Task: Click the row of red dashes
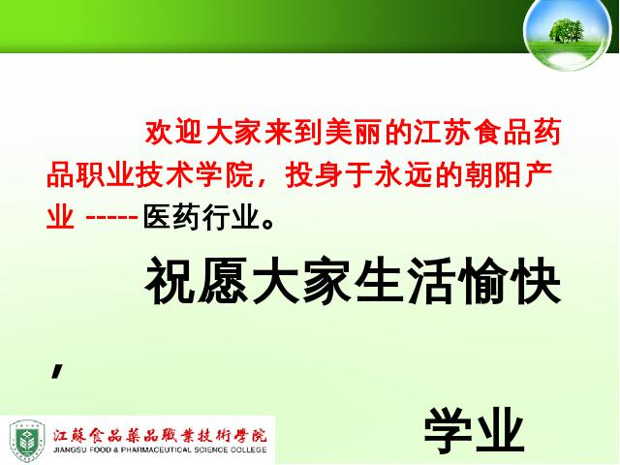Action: [x=111, y=217]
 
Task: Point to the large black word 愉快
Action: [x=509, y=282]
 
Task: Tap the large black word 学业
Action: [x=474, y=430]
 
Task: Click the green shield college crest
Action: [x=27, y=441]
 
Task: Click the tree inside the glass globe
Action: [x=566, y=30]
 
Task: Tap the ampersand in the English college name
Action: [x=116, y=450]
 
